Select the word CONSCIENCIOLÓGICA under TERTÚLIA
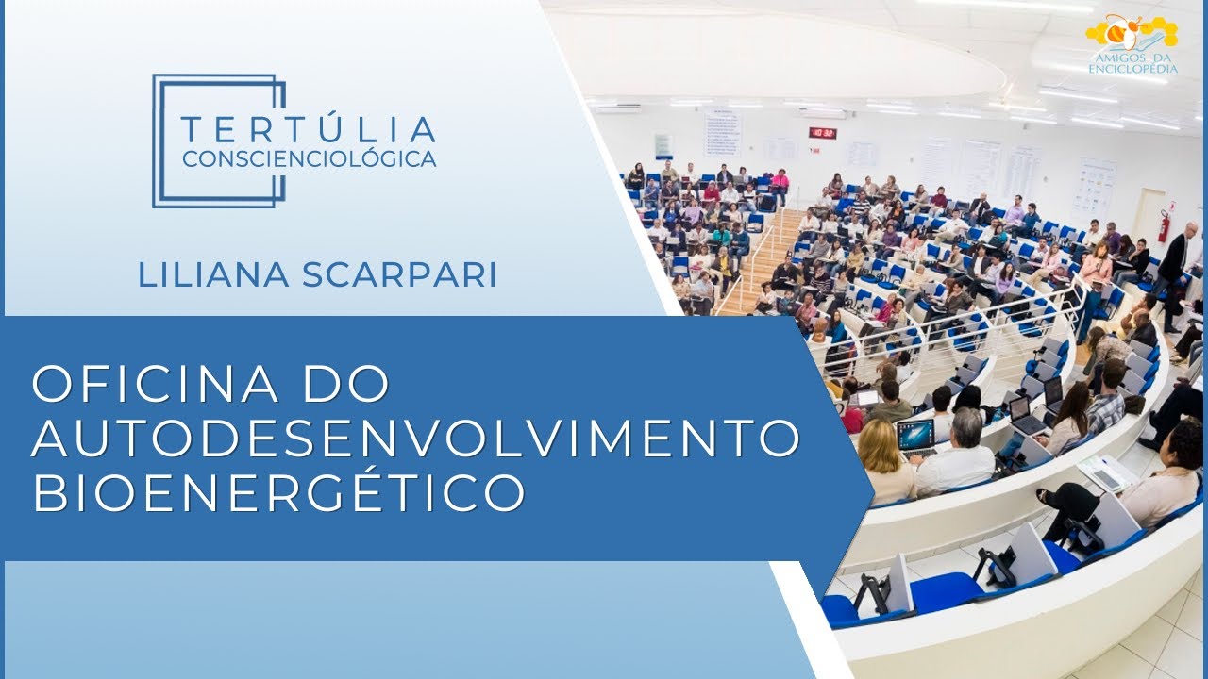309,158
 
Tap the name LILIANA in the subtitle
214,274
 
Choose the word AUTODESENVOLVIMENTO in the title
416,438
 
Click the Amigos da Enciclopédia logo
1132,42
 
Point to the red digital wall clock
823,133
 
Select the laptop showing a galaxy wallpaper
914,435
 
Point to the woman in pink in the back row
780,179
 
